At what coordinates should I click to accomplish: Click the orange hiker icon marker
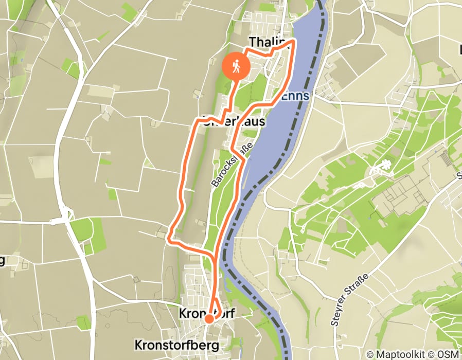pos(236,66)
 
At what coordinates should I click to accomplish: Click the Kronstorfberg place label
pos(176,344)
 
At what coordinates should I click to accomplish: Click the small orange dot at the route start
pos(209,319)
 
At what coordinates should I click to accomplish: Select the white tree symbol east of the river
pos(384,165)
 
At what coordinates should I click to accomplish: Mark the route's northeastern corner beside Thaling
pos(294,40)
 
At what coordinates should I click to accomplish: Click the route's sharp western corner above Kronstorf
pos(170,239)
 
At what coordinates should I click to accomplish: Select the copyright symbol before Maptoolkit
pos(370,354)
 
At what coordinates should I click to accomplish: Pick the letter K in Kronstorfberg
pos(138,344)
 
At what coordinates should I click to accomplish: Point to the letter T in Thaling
pos(253,42)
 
